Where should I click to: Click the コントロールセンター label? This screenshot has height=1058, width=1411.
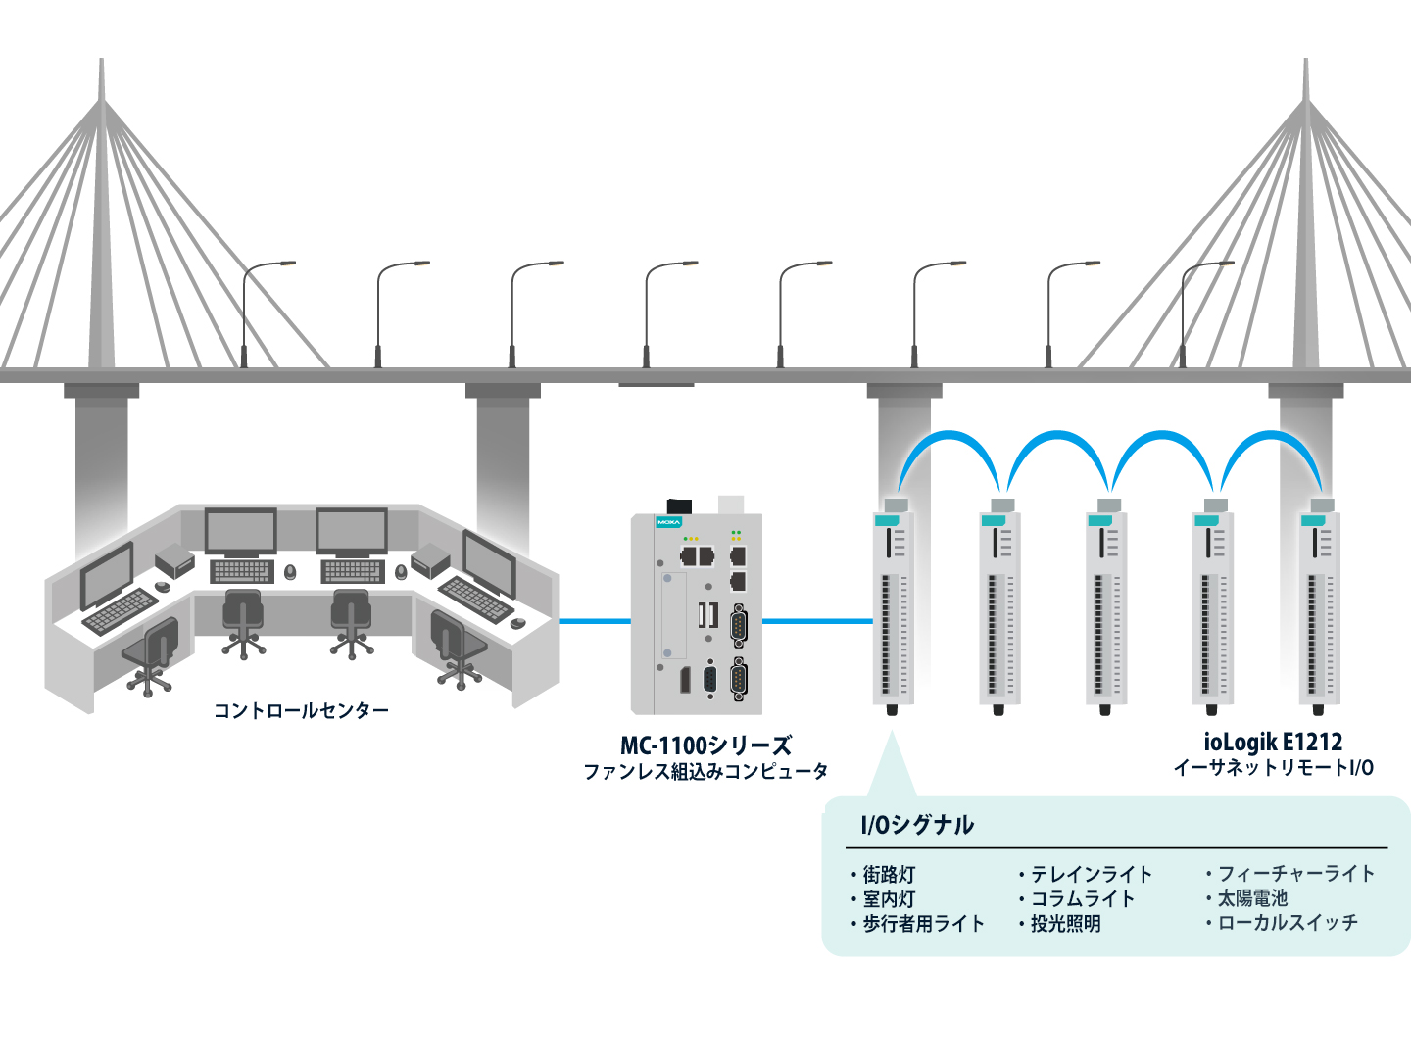pos(301,710)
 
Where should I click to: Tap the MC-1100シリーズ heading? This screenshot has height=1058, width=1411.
pos(705,745)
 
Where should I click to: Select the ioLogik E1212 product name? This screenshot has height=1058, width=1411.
pos(1273,742)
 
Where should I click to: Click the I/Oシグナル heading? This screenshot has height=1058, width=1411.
pos(917,825)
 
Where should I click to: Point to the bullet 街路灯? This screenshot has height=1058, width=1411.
pos(888,874)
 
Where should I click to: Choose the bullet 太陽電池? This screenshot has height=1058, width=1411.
pos(1251,897)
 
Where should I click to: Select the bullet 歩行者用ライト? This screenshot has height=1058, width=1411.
pos(922,923)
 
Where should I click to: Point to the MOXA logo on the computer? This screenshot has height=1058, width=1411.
pos(668,522)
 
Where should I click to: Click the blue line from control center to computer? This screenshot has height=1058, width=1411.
pos(594,620)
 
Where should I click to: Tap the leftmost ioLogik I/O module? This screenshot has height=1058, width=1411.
pos(893,607)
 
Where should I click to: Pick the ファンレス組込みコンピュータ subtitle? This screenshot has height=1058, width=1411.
pos(705,772)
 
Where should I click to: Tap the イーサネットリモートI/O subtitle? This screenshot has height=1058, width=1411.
pos(1273,768)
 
